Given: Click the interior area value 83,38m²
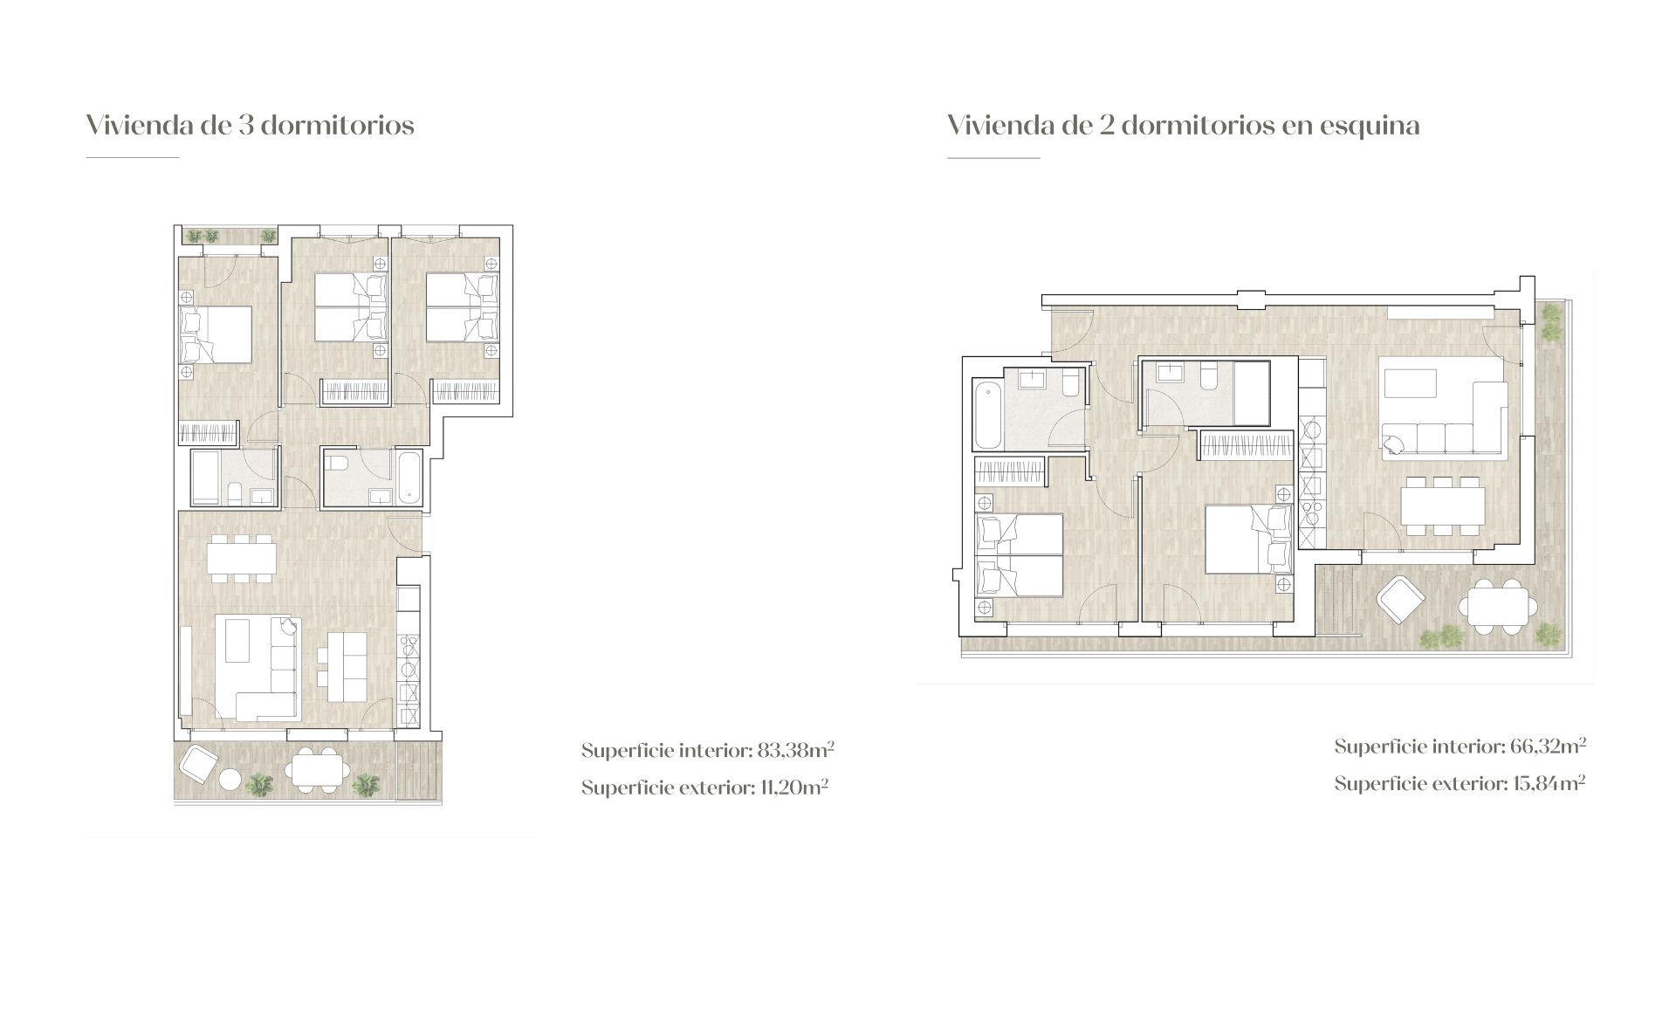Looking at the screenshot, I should tap(795, 750).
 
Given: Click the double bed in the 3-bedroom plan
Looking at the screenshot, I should tap(216, 334).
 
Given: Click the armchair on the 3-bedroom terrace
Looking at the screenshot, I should tap(197, 767).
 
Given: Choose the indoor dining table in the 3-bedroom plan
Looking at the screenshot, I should tap(242, 557).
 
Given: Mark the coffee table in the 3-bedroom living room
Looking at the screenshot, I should tap(238, 640).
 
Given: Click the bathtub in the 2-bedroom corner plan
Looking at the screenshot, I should tap(986, 413).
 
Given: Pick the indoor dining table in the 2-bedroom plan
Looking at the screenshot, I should tap(1442, 506).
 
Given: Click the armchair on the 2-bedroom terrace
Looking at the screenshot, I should tap(1400, 601).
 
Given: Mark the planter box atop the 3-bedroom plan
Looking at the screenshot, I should tap(229, 235).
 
